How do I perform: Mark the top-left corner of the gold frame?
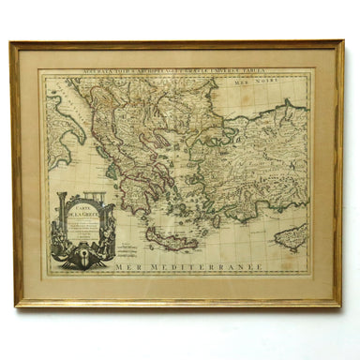click(x=12, y=42)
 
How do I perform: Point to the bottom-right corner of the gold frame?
click(x=340, y=305)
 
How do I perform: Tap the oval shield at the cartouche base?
click(x=85, y=253)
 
